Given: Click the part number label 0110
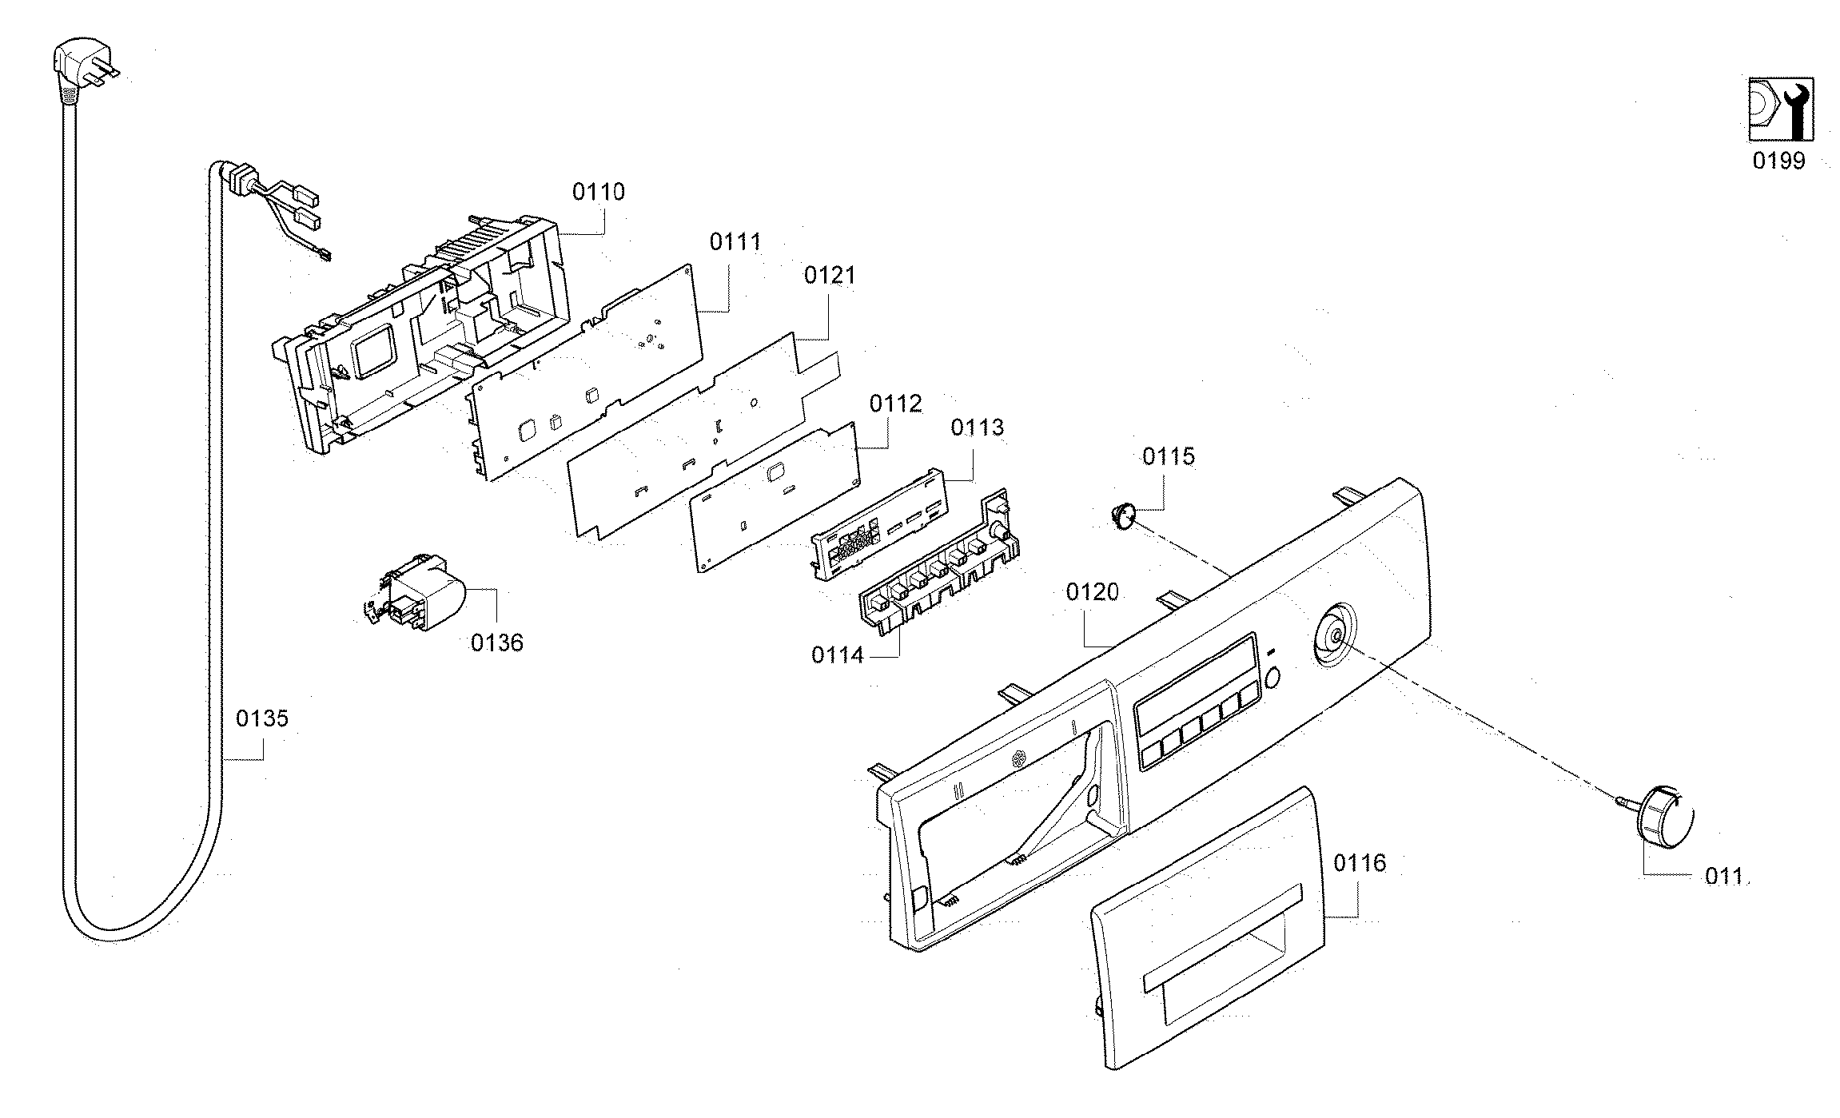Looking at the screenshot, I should pyautogui.click(x=599, y=192).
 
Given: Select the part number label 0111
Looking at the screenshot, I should pyautogui.click(x=735, y=241).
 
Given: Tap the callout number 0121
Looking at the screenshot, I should pyautogui.click(x=830, y=276).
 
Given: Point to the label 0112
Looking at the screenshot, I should pyautogui.click(x=896, y=404).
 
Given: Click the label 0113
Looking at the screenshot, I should pyautogui.click(x=977, y=428).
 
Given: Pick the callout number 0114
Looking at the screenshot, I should pyautogui.click(x=838, y=655).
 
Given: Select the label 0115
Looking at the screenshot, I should pyautogui.click(x=1168, y=457).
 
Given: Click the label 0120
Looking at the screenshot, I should pyautogui.click(x=1092, y=592).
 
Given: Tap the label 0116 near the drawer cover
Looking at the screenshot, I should pyautogui.click(x=1360, y=863).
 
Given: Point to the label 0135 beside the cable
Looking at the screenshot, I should pyautogui.click(x=261, y=718).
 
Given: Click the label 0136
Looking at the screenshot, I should pyautogui.click(x=496, y=643).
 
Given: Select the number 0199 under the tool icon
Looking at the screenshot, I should pyautogui.click(x=1778, y=161).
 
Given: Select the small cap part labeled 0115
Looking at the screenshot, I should pyautogui.click(x=1123, y=514).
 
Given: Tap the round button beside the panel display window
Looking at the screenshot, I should pyautogui.click(x=1273, y=678).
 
